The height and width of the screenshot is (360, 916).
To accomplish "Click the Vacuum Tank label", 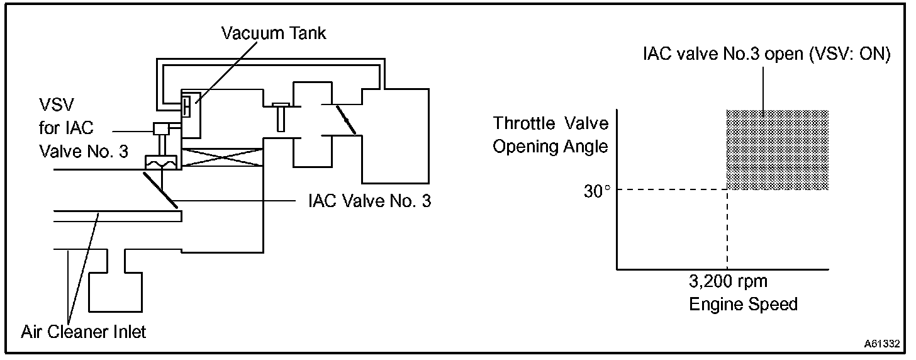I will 274,33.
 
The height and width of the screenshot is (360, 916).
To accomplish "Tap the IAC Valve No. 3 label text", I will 369,202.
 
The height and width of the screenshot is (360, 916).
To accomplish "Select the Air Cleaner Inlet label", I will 84,331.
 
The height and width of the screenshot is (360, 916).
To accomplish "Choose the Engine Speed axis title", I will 743,305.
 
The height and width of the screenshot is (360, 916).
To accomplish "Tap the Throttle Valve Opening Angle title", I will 550,135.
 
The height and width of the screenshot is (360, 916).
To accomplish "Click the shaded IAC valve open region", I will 777,150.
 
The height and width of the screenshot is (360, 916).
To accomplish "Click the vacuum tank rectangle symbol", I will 190,113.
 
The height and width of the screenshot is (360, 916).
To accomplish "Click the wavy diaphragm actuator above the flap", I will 162,163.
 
